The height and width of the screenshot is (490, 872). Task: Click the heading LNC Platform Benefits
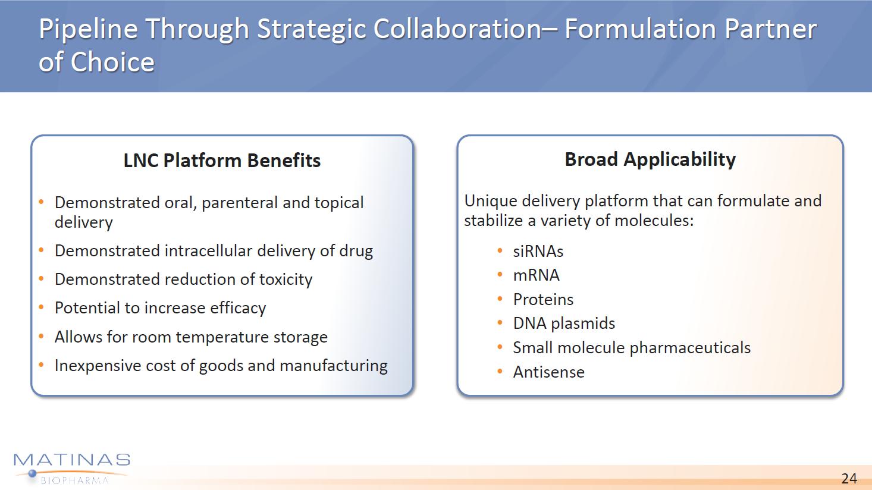click(x=222, y=161)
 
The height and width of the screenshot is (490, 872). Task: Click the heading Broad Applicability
click(x=650, y=159)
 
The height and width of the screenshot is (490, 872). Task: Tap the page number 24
click(x=849, y=478)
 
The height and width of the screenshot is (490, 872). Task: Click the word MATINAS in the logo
click(x=72, y=460)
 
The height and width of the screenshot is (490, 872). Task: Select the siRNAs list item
click(x=538, y=252)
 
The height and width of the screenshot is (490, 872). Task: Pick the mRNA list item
click(x=536, y=275)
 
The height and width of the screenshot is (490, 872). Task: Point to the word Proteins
click(x=543, y=299)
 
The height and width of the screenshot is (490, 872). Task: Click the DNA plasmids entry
click(x=564, y=323)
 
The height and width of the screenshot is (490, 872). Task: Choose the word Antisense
click(x=548, y=372)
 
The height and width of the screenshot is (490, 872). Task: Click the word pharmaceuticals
click(x=690, y=348)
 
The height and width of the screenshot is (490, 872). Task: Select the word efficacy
click(x=238, y=308)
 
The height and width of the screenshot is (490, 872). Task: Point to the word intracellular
click(x=208, y=251)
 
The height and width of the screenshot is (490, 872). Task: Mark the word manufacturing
click(x=334, y=366)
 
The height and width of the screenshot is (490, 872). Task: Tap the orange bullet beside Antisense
click(x=500, y=371)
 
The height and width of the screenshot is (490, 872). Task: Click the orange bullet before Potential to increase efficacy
click(x=41, y=307)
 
